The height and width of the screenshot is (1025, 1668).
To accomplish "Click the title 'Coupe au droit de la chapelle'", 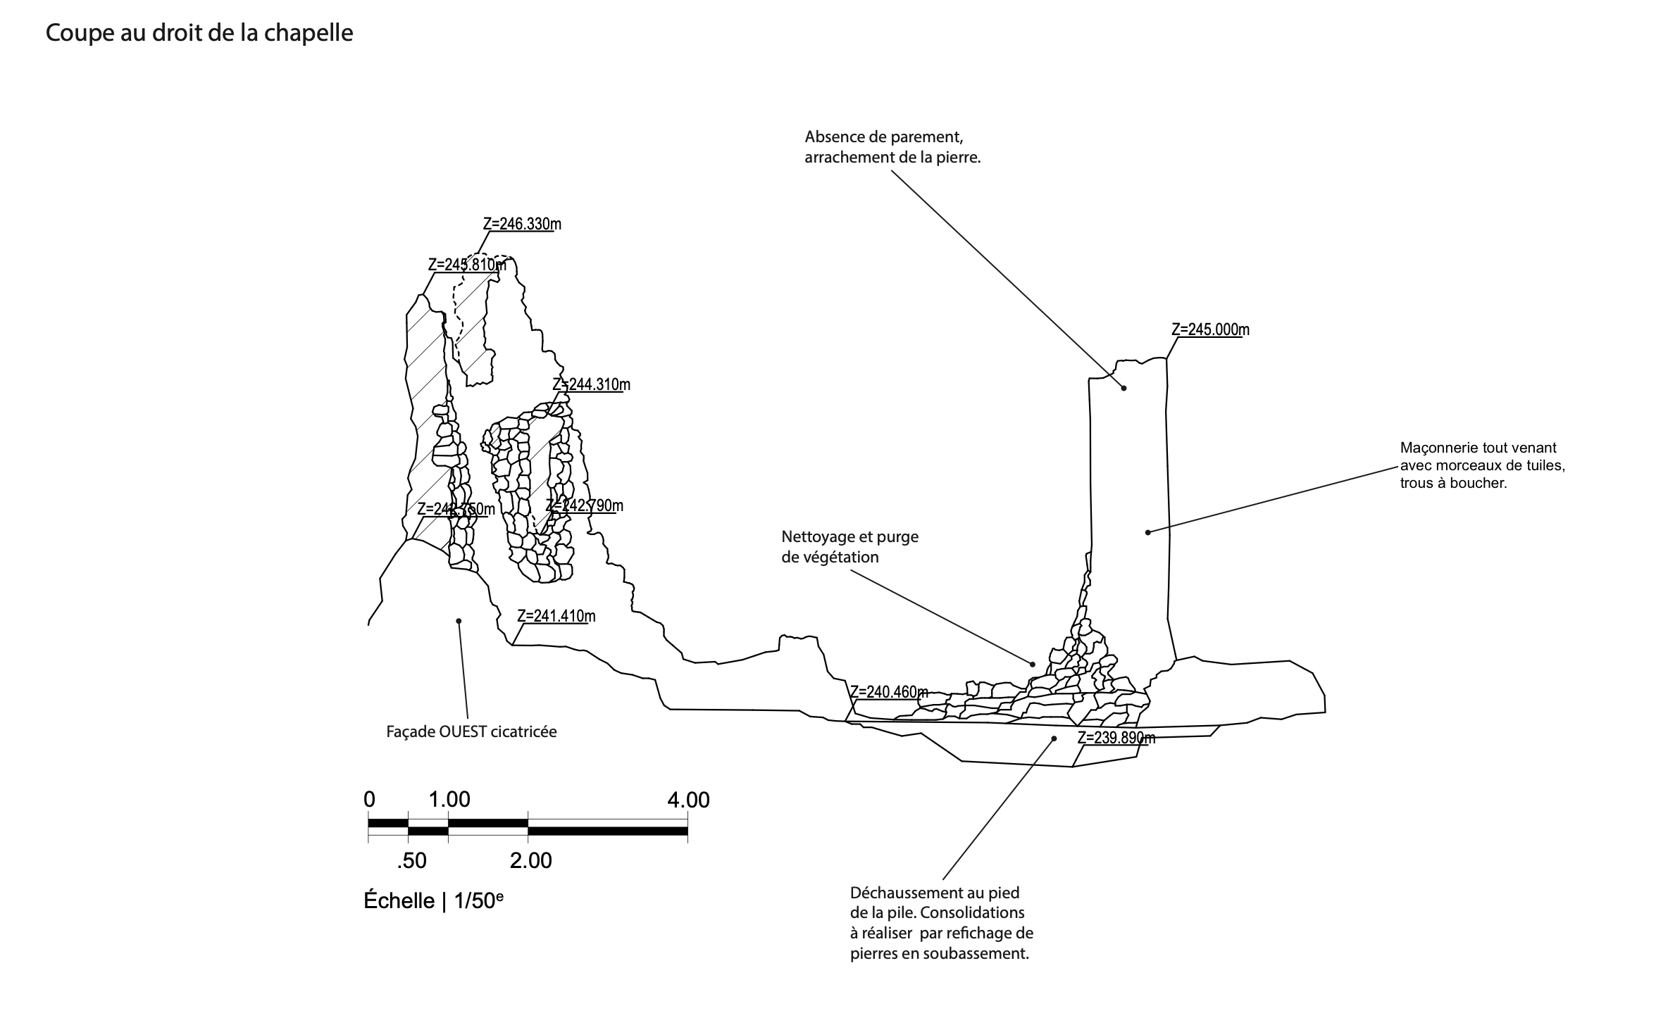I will click(x=199, y=33).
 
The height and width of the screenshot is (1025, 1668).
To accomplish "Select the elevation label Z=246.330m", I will click(x=522, y=225).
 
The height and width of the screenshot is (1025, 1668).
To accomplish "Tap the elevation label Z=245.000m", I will click(x=1210, y=329).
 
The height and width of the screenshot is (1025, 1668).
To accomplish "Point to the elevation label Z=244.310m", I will click(x=591, y=385).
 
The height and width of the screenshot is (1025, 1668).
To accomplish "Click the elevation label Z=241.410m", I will click(x=556, y=617).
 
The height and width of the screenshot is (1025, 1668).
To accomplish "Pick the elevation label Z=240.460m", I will click(x=889, y=692).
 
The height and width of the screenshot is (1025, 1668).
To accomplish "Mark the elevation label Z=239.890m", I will click(x=1116, y=738).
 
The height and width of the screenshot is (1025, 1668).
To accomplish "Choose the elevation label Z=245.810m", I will click(x=467, y=265).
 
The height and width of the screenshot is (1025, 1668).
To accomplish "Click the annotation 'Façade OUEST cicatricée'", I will click(x=471, y=732).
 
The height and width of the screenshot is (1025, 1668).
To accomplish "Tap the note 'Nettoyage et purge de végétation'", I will click(x=849, y=547).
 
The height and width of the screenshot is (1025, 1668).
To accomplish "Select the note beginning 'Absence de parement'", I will click(x=892, y=147).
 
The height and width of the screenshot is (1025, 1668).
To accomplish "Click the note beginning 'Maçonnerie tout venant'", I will click(x=1482, y=465).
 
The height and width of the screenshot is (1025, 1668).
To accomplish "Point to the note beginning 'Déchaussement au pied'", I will click(x=942, y=923).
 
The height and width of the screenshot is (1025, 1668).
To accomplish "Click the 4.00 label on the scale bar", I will click(x=688, y=800).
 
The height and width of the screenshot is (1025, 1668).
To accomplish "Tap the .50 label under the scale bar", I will click(x=411, y=861).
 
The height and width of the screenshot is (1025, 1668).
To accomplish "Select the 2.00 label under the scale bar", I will click(x=530, y=861).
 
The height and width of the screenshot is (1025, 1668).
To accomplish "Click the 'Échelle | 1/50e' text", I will click(x=433, y=901).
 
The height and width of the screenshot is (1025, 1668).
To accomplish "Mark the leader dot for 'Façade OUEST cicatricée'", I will click(x=459, y=621).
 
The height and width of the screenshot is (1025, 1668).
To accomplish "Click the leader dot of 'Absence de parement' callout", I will click(x=1124, y=388).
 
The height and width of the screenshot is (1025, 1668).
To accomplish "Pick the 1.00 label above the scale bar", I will click(x=449, y=800).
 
